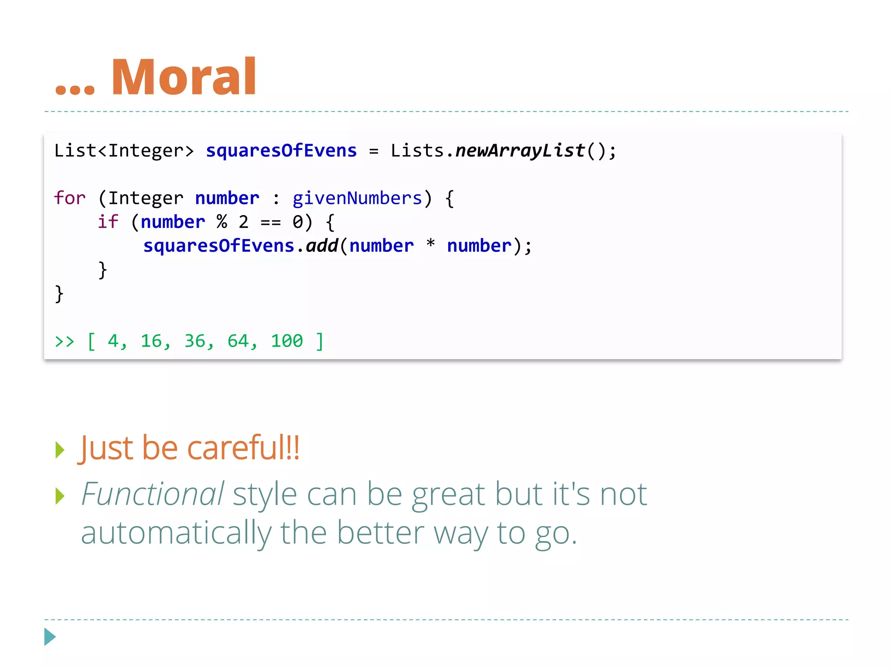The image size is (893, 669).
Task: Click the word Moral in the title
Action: [184, 77]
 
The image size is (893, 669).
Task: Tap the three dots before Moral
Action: [75, 89]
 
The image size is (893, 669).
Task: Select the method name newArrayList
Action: [520, 151]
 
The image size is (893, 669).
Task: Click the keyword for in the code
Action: [70, 198]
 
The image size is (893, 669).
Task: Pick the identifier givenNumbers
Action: [357, 199]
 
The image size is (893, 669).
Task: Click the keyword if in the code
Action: [108, 222]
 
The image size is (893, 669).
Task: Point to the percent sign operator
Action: [222, 222]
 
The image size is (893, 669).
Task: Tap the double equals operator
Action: [270, 223]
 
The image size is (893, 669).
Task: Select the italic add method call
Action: [322, 246]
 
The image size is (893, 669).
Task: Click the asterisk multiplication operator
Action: [430, 244]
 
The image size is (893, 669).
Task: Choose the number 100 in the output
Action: [286, 341]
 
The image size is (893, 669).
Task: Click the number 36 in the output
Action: [195, 341]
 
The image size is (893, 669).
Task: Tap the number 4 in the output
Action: [113, 341]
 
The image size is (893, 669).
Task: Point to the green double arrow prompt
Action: [65, 341]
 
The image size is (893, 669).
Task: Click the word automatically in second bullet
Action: [176, 533]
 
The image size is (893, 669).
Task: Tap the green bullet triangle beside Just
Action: [60, 450]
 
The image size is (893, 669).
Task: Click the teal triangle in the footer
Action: [50, 637]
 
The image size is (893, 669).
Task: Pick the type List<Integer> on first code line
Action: [124, 151]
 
